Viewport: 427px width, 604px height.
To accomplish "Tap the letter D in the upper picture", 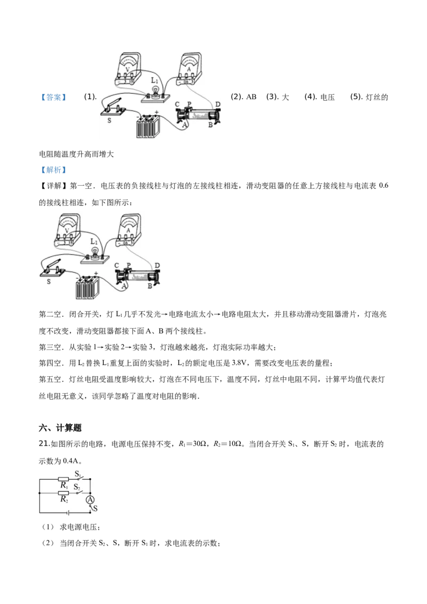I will point(217,104).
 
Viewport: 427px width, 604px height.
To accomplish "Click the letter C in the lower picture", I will point(117,265).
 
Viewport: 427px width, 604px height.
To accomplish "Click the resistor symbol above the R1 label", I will point(63,479).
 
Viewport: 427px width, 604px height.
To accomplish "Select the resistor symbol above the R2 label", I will point(63,493).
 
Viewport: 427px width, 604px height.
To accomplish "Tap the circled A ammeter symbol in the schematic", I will point(90,499).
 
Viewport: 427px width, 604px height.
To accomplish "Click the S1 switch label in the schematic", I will point(78,474).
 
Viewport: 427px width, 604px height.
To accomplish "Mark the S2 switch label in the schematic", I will point(77,487).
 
